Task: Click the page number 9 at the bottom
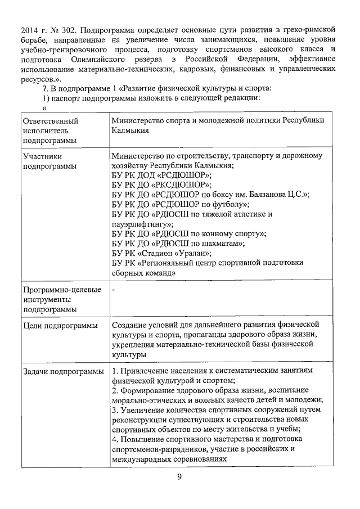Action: [179, 477]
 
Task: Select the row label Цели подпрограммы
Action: [59, 326]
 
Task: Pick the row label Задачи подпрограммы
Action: [62, 371]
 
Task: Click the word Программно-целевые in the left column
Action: [62, 290]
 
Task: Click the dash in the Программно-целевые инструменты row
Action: [114, 290]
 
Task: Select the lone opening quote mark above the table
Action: [44, 108]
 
